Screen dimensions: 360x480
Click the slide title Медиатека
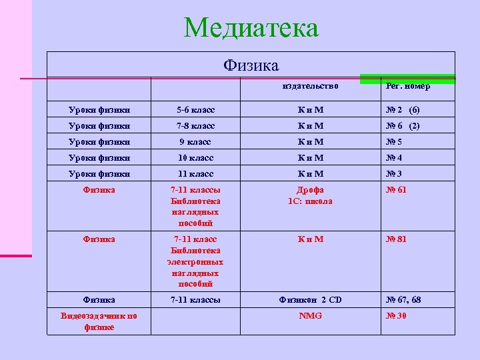point(251,28)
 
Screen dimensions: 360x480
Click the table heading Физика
point(251,65)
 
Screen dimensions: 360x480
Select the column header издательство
point(310,86)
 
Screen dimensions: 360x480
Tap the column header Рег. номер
point(408,86)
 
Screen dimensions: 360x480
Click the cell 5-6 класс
point(195,109)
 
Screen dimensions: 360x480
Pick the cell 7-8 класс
point(195,125)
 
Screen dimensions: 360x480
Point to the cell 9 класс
point(195,141)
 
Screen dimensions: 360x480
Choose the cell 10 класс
point(195,158)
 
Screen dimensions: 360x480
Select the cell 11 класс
point(195,174)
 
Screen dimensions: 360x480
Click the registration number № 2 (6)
point(403,109)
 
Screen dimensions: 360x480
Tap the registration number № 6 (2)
point(403,125)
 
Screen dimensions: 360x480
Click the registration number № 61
point(397,190)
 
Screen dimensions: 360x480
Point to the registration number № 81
point(397,239)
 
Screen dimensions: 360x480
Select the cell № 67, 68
point(404,300)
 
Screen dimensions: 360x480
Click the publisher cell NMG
point(310,315)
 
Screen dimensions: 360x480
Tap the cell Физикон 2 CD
point(310,300)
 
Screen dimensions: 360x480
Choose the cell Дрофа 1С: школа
point(310,195)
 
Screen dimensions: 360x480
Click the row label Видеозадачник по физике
point(99,321)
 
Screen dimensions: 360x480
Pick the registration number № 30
point(397,315)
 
